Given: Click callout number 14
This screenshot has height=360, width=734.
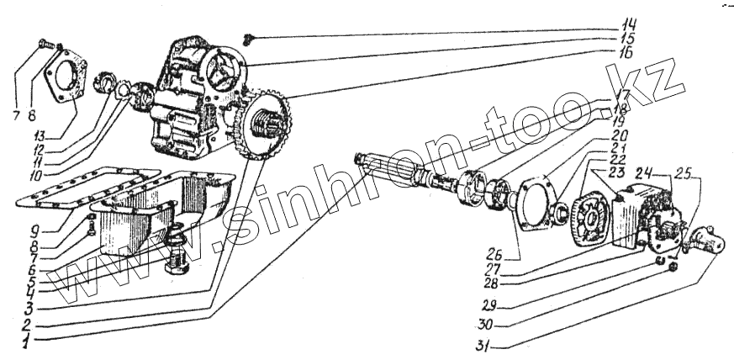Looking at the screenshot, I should point(630,23).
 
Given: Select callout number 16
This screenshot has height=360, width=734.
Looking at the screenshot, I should point(630,52).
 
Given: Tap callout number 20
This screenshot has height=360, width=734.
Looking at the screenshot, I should point(620,135).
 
